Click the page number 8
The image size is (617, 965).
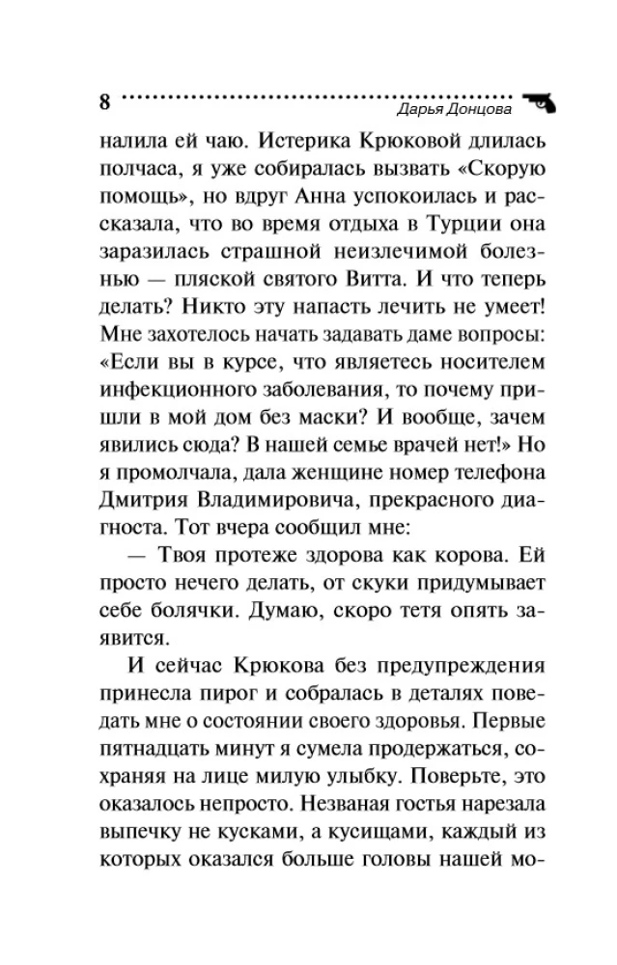click(x=105, y=101)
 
